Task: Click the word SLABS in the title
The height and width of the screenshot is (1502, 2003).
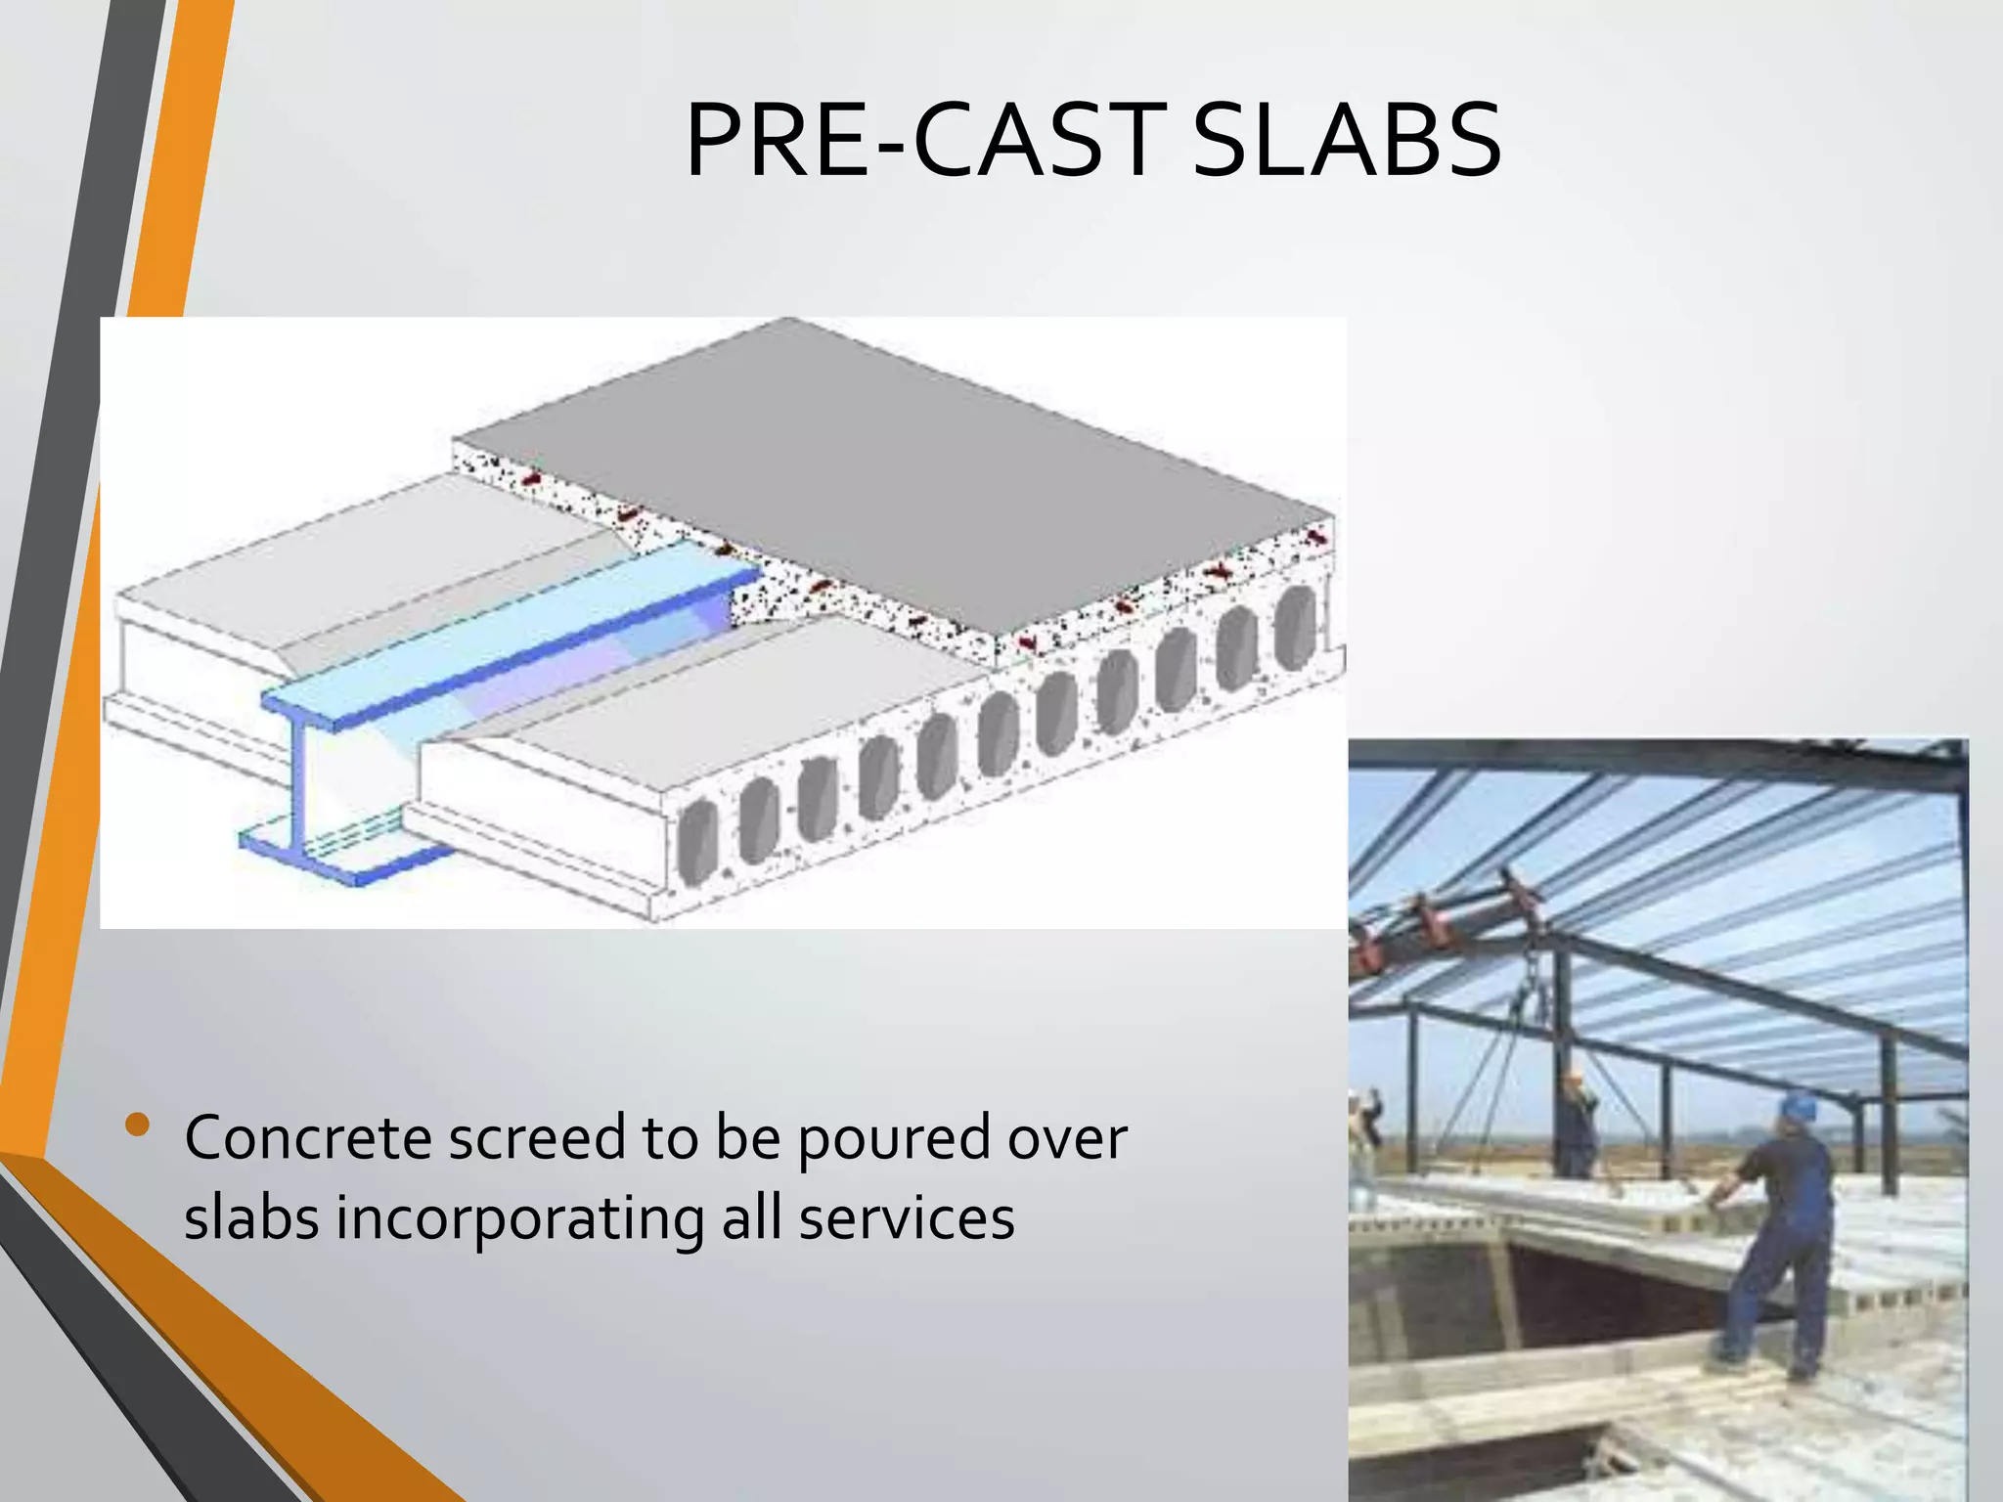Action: pos(1347,143)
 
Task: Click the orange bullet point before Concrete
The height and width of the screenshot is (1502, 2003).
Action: pos(138,1126)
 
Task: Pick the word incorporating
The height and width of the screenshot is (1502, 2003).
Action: pos(519,1220)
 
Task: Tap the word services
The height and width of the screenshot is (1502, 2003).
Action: pos(907,1218)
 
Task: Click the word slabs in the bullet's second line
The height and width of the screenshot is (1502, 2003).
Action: pos(251,1218)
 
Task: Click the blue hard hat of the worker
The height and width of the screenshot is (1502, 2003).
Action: pos(1797,1106)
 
